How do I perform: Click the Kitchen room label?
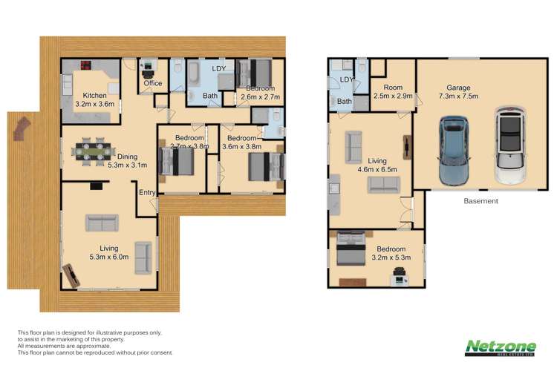tap(94, 95)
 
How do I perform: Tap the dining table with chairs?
tap(93, 151)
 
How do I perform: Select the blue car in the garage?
tap(455, 150)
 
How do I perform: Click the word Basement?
tap(481, 201)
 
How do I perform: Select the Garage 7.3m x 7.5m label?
tap(457, 91)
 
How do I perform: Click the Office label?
tap(152, 83)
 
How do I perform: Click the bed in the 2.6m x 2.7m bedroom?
tap(261, 73)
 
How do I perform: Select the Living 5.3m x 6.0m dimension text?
tap(109, 257)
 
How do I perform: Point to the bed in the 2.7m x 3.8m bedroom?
tap(179, 159)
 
